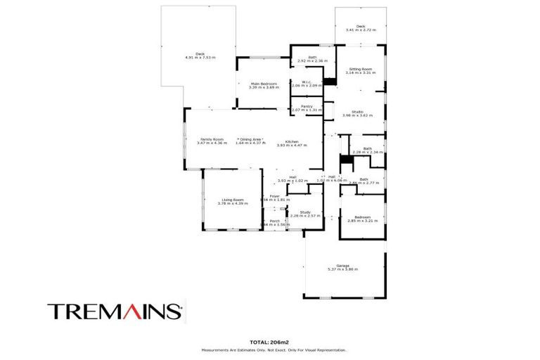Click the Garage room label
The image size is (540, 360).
tap(342, 266)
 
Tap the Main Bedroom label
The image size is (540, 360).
tap(264, 84)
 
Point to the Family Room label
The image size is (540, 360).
tap(212, 139)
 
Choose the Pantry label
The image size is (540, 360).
tap(307, 106)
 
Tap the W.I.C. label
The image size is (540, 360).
tap(307, 82)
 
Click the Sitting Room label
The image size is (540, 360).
tap(359, 69)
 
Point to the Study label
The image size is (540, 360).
tap(304, 212)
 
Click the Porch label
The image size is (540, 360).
tap(274, 221)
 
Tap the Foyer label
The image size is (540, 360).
tap(274, 196)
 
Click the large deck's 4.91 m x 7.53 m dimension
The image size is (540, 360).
tap(200, 57)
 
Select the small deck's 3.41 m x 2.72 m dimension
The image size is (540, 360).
tap(361, 30)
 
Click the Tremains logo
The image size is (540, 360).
tap(115, 310)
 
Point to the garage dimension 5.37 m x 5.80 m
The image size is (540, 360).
tap(342, 270)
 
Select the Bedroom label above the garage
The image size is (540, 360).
tap(362, 217)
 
